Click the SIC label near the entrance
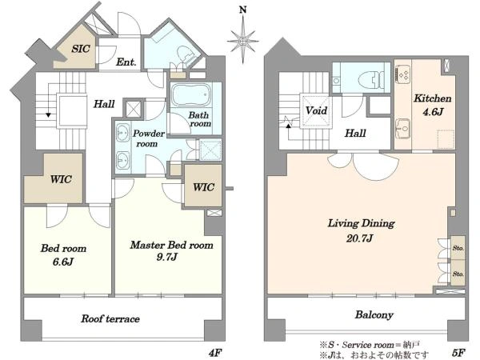(x=81, y=49)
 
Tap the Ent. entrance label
(x=126, y=62)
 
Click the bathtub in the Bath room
(x=191, y=94)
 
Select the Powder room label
(x=148, y=138)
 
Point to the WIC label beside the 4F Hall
(x=61, y=179)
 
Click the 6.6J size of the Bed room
(x=62, y=262)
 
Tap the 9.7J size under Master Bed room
(x=166, y=257)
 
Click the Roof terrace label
(x=110, y=318)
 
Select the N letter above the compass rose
(x=242, y=10)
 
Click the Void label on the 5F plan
(x=316, y=110)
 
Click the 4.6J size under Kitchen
(x=433, y=112)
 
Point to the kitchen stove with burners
(x=403, y=75)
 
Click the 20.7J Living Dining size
(x=359, y=238)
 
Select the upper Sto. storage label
(x=458, y=248)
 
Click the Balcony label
(x=374, y=314)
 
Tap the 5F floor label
(x=458, y=353)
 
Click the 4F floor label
(x=214, y=353)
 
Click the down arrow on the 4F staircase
(x=48, y=114)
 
